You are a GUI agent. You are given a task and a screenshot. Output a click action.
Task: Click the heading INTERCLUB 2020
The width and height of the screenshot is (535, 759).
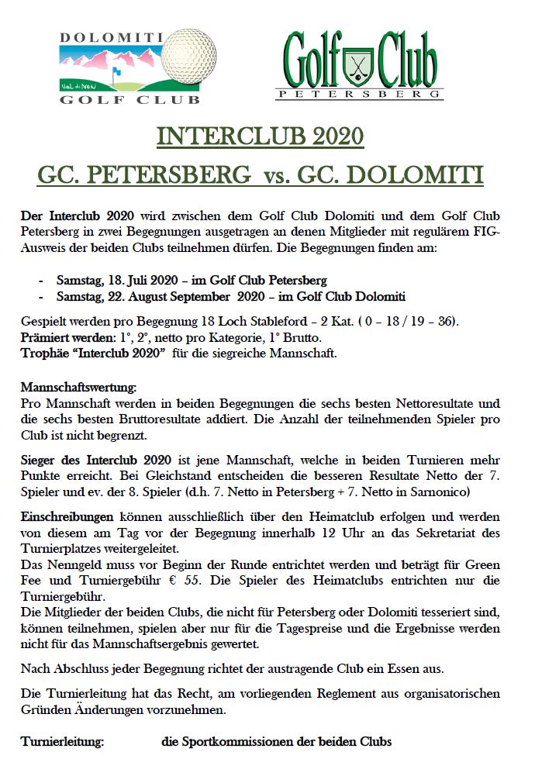pyautogui.click(x=261, y=136)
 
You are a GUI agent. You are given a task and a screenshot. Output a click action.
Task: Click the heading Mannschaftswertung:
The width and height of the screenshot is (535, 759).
pyautogui.click(x=78, y=387)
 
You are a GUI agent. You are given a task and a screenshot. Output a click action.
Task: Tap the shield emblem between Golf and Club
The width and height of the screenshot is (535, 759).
pyautogui.click(x=358, y=62)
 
